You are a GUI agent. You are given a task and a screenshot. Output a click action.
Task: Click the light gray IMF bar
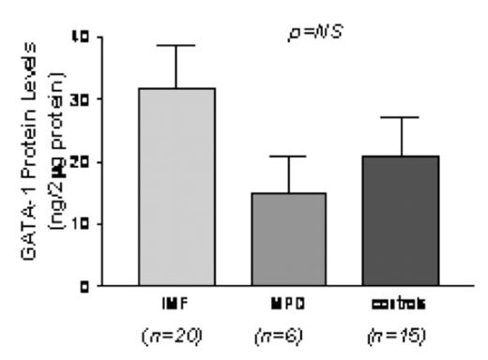click(177, 187)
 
